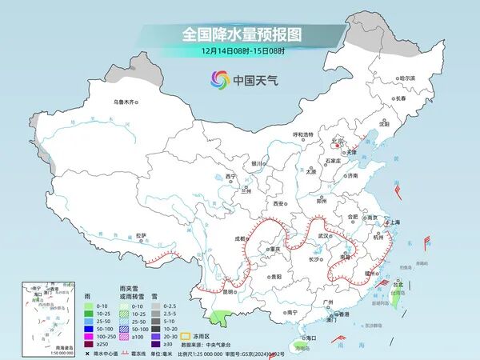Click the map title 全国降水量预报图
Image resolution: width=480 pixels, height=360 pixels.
(x=240, y=35)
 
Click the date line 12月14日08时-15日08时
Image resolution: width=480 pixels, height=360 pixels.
(x=240, y=51)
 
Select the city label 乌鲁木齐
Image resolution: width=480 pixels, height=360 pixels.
(x=126, y=102)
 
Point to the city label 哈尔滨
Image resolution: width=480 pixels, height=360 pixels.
(x=407, y=78)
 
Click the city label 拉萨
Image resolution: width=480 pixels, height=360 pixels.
(x=142, y=235)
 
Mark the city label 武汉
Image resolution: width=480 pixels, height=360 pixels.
(x=324, y=236)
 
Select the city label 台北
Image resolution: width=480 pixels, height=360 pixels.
(x=398, y=283)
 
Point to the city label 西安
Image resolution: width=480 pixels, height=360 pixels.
(x=279, y=204)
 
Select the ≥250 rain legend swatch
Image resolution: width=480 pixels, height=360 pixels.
(x=91, y=343)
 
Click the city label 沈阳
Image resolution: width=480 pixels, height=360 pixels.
(x=384, y=124)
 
